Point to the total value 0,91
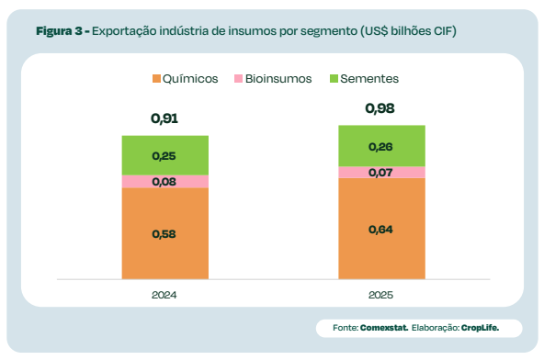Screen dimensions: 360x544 164,118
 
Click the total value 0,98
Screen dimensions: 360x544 380,108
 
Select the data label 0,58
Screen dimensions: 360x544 164,233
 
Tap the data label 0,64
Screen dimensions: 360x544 380,229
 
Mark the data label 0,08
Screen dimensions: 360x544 164,182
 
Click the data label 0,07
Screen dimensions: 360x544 380,173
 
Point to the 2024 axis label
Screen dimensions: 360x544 164,296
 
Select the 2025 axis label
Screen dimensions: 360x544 380,296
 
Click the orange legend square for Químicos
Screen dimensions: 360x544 155,79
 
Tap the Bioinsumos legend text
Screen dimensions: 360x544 278,79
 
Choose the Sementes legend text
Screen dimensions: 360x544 369,79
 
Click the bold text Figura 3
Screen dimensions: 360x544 61,31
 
